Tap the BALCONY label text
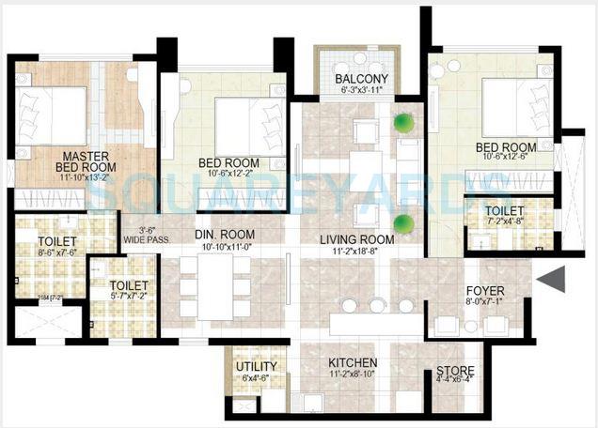point(362,79)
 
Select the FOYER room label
point(485,291)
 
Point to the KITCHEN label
point(353,362)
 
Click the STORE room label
point(455,372)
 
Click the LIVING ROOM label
point(355,239)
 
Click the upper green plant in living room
point(403,122)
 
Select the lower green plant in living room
point(403,222)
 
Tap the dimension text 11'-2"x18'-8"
point(355,252)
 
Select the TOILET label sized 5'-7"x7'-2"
point(128,285)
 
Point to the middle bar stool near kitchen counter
point(377,305)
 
